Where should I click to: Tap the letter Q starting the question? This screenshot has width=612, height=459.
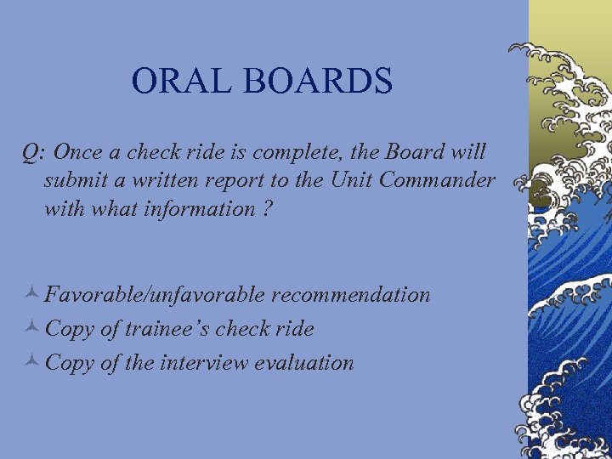pyautogui.click(x=31, y=152)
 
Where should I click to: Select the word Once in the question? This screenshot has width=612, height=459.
pyautogui.click(x=79, y=152)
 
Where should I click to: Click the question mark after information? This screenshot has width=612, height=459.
pyautogui.click(x=267, y=208)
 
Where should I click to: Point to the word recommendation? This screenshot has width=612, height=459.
pyautogui.click(x=351, y=295)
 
